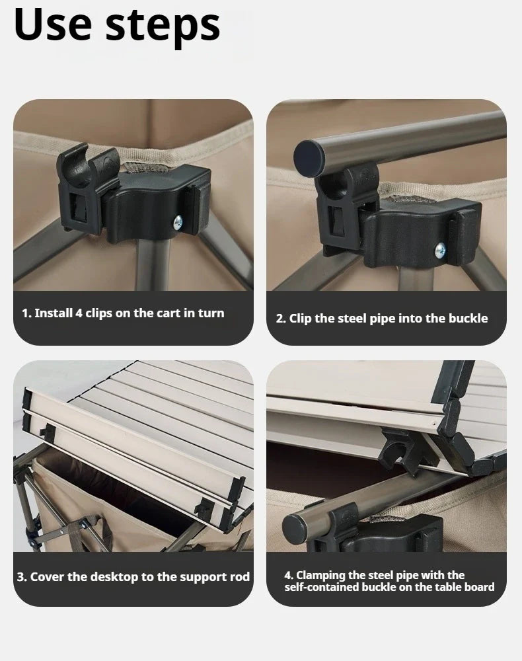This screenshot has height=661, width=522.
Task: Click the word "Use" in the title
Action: pyautogui.click(x=54, y=25)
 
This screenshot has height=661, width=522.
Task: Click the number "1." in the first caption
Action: pyautogui.click(x=26, y=313)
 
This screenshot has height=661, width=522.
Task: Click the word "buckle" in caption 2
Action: pyautogui.click(x=468, y=318)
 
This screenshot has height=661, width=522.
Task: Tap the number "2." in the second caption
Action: pyautogui.click(x=281, y=318)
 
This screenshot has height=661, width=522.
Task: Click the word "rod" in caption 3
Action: pyautogui.click(x=240, y=577)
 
